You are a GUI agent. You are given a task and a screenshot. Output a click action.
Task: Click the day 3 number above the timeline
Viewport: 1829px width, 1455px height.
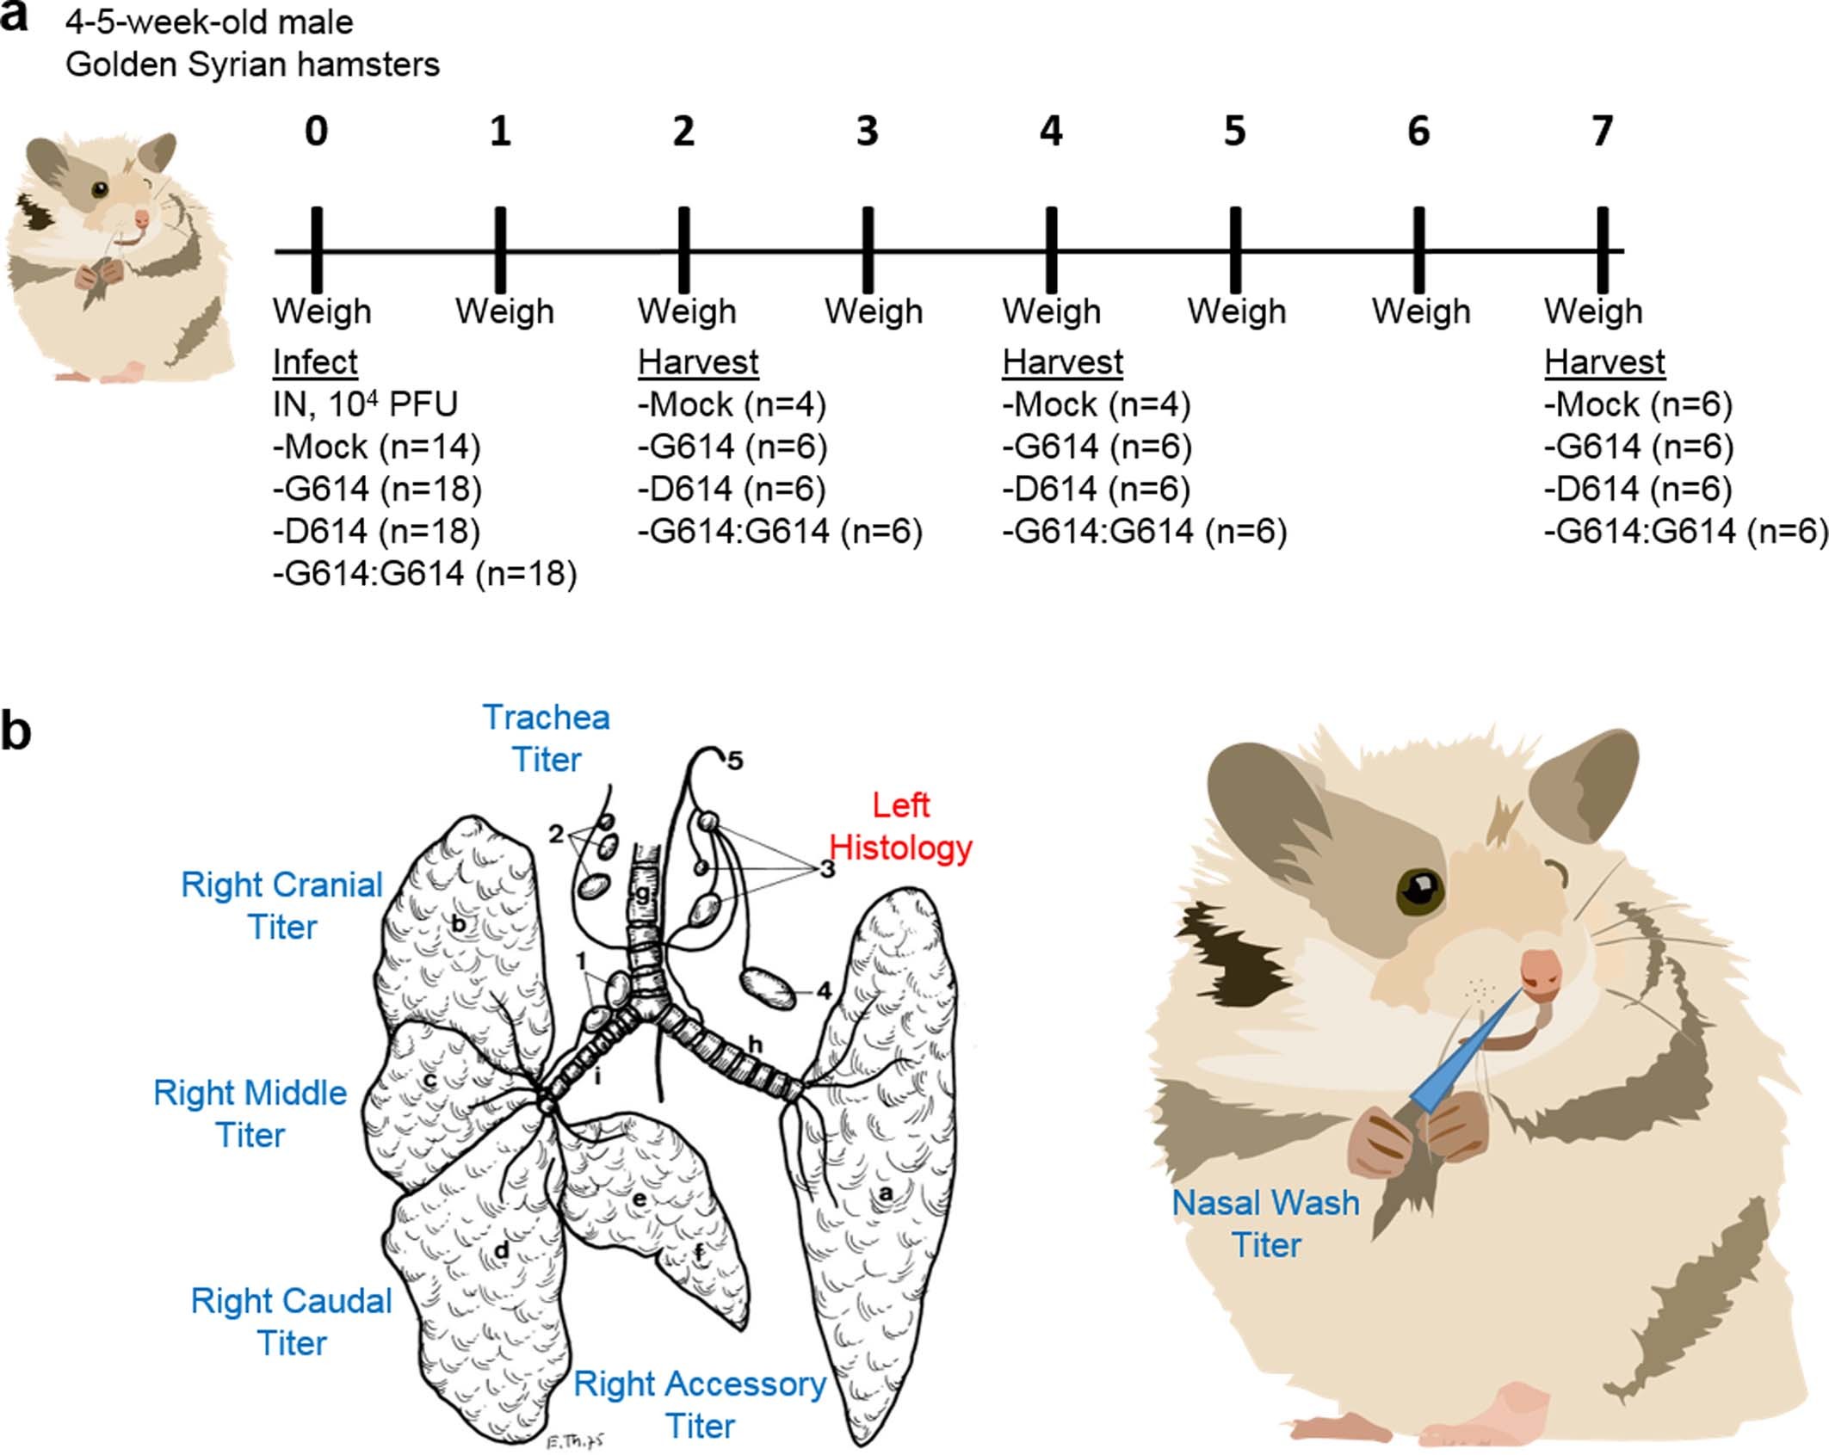[867, 131]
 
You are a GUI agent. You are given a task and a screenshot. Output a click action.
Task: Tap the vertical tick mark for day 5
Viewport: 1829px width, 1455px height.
[1235, 250]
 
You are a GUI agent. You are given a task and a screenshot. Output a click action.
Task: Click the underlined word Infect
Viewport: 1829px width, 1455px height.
[315, 362]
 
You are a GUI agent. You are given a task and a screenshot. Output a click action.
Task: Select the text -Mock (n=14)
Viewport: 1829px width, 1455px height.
[377, 447]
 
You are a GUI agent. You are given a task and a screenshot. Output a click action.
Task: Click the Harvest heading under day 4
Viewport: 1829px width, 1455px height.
[1062, 362]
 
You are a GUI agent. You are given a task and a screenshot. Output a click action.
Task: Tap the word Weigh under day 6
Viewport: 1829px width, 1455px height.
[1421, 311]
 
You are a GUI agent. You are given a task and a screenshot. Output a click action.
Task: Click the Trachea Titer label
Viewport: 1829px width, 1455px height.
[547, 738]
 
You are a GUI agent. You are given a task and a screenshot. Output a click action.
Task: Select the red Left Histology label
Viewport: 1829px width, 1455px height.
[900, 826]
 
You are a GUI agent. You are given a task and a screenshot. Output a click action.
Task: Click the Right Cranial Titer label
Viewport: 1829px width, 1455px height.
[281, 905]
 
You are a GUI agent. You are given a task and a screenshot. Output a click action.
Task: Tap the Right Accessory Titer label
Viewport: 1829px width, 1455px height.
[700, 1404]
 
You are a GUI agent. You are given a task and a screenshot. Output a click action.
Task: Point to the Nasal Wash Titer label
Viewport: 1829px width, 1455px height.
[1265, 1223]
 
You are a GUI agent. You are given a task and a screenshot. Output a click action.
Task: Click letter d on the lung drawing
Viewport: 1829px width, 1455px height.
[501, 1250]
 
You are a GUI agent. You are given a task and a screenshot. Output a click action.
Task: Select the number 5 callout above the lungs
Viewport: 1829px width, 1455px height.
[734, 761]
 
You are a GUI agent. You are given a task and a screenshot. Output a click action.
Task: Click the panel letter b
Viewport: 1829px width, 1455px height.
[15, 731]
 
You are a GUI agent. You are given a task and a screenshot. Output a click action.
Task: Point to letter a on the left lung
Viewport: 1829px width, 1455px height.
[885, 1194]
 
